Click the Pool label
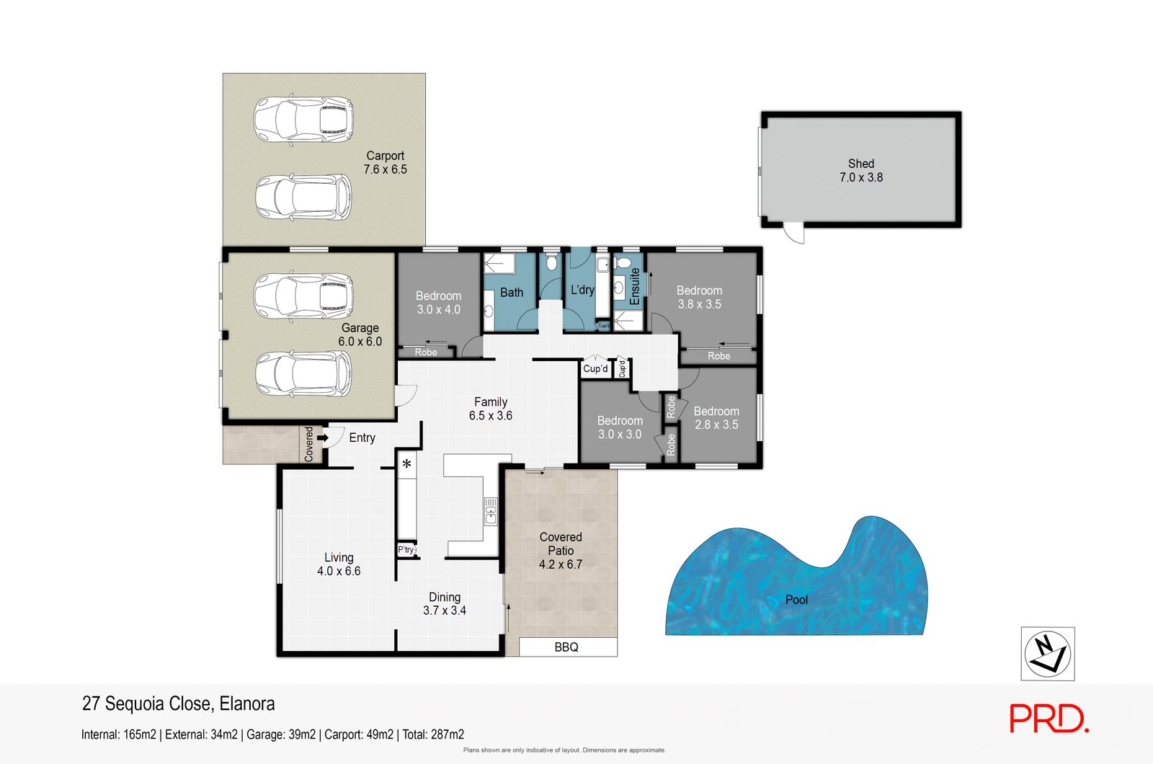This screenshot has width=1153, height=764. pos(796,600)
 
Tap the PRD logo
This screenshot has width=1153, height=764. pos(1049,718)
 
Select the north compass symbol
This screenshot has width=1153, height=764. pos(1048,654)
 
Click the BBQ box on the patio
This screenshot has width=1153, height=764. pos(568,647)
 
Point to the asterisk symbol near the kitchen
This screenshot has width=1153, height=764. pos(406,464)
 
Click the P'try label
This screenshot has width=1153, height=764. pos(406,550)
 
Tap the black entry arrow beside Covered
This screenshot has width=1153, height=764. pos(323,437)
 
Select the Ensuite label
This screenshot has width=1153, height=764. pos(635,286)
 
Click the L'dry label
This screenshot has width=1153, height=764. pos(583,290)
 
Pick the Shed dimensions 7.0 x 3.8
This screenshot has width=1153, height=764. pos(861,177)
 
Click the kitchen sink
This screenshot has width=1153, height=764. pos(491,512)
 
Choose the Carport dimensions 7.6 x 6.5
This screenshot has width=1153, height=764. pos(385,169)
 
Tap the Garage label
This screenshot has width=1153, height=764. pos(360,328)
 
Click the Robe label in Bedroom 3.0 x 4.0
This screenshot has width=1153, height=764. pos(426,352)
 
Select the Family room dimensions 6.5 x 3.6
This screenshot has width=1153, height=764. pos(491,415)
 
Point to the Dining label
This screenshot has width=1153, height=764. pos(445,598)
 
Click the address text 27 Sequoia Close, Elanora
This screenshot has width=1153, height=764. pos(179,703)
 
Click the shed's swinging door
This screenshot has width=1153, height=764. pos(793,233)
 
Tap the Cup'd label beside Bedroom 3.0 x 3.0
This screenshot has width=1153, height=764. pos(595,368)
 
